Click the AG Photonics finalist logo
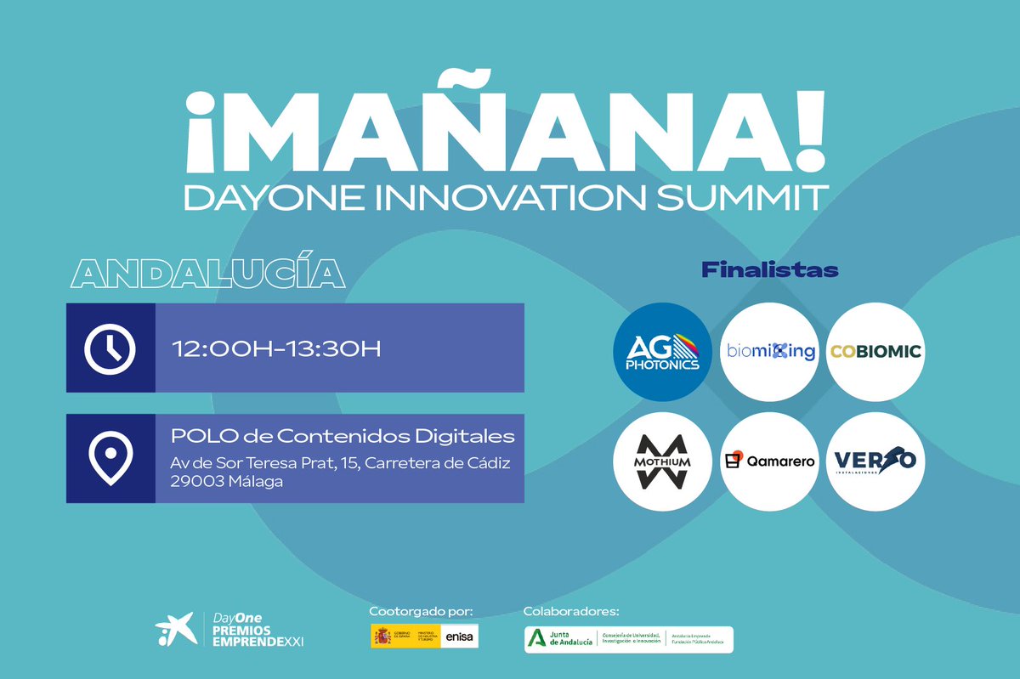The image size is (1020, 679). tap(661, 352)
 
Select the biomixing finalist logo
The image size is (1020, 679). tap(769, 352)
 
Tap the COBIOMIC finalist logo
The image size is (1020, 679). tap(875, 352)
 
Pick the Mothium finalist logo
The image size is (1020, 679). tap(661, 461)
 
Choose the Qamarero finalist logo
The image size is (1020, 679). tap(769, 461)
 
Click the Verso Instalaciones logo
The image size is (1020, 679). tap(875, 461)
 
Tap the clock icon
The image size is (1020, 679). tap(110, 348)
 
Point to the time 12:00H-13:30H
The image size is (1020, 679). tap(277, 349)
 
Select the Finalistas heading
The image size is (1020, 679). tap(769, 270)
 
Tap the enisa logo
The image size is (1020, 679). tap(459, 637)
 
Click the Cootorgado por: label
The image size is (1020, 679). tap(421, 611)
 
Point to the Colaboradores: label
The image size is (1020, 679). tap(571, 611)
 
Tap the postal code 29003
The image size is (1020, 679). tap(193, 481)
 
